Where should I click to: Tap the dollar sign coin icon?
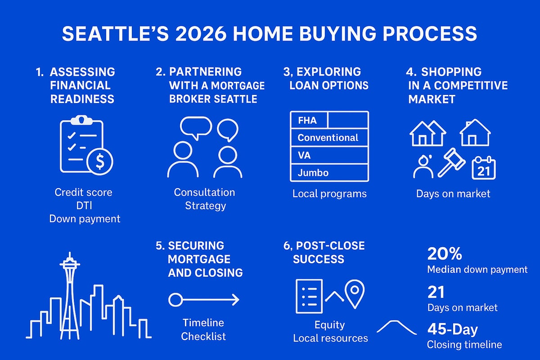point(100,160)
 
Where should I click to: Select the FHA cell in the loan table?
point(308,121)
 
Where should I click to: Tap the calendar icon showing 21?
point(483,169)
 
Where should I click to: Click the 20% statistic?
point(445,254)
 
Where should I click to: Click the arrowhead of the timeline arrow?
point(235,300)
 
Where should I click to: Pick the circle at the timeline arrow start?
point(175,300)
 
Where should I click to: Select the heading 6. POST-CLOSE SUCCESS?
point(328,252)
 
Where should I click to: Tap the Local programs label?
point(329,194)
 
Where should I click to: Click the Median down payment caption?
point(477,270)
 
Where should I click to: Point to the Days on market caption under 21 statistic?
point(462,308)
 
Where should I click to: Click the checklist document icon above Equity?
point(309,296)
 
